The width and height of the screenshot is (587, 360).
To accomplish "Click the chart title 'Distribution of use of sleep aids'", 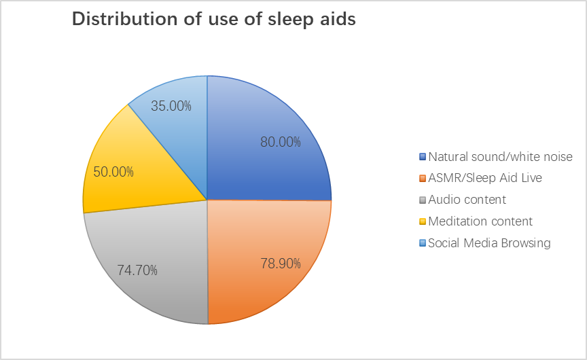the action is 214,19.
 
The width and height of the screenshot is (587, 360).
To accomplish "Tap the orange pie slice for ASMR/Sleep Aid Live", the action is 262,255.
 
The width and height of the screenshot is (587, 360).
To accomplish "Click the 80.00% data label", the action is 281,142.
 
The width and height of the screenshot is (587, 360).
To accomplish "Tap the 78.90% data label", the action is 281,264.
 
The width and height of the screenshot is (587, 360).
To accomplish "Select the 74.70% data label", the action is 137,270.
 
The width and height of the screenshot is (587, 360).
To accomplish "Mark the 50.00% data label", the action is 113,172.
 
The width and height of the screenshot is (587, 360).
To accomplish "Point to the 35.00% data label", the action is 171,106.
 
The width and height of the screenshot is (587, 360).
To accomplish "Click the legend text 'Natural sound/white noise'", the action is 500,157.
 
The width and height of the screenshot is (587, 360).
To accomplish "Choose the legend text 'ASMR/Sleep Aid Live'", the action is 485,178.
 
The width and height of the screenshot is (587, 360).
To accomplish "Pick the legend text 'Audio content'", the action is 467,200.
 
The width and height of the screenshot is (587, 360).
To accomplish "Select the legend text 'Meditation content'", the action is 480,221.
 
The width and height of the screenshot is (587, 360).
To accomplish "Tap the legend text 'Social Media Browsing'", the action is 489,243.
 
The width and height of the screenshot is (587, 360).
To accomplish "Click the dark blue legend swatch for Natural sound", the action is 423,157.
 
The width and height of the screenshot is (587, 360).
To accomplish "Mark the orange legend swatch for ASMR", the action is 423,178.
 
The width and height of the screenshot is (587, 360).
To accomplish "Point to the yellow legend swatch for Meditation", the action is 423,221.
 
